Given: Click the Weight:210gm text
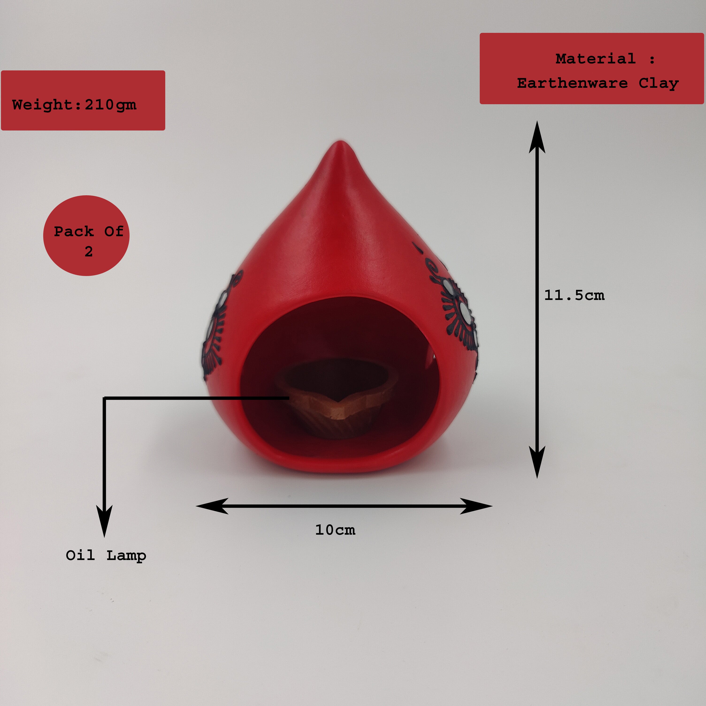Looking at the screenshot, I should [74, 105].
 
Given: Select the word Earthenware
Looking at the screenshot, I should [572, 83].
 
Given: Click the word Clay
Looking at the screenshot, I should [659, 83].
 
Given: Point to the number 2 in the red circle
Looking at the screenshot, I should [88, 251].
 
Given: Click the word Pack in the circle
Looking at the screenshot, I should [74, 231].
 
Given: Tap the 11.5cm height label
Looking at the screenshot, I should [574, 295].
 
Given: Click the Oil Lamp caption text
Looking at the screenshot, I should [106, 556].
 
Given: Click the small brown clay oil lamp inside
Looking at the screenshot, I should [336, 398].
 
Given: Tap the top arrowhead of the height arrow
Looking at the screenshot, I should [537, 137].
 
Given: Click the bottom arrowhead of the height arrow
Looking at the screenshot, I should [537, 462].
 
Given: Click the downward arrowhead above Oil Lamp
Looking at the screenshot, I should [104, 521].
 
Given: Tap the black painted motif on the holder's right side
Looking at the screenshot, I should [457, 311].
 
